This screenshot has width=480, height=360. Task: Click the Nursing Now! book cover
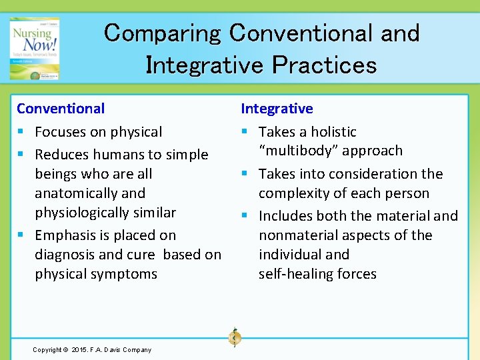pos(34,48)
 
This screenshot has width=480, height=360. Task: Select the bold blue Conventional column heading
pos(61,108)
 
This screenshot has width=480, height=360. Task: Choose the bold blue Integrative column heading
pos(276,108)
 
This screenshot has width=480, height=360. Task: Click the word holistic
pos(332,132)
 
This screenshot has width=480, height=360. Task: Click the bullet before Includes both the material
pos(246,216)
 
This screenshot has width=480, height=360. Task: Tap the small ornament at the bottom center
pos(234,337)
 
